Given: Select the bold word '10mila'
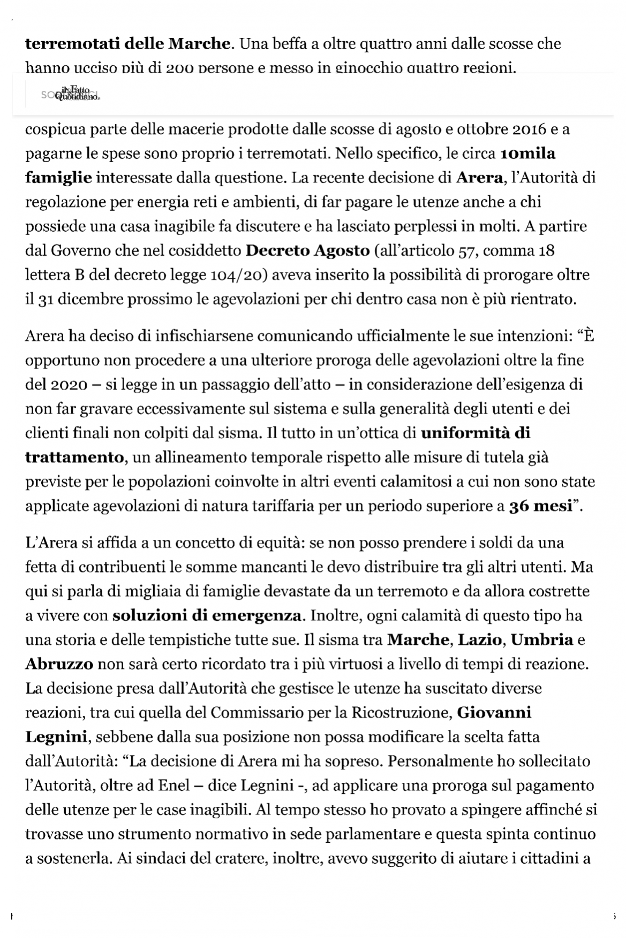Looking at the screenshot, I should [527, 154].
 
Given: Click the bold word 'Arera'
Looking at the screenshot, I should [478, 178].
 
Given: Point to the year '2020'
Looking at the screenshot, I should [66, 385].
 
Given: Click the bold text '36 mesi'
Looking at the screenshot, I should [540, 506].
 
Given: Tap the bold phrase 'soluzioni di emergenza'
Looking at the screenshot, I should [206, 615].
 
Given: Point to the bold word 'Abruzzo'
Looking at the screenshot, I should [59, 664].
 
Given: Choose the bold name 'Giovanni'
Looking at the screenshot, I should [494, 713].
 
